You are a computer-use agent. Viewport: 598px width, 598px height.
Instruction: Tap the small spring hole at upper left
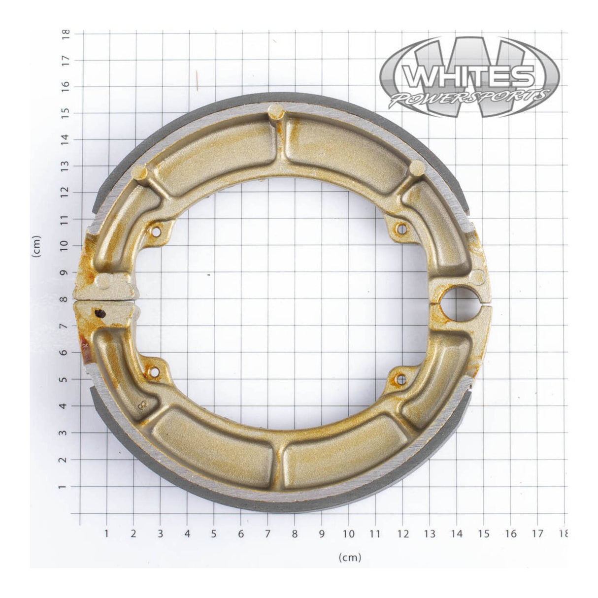[x=157, y=230]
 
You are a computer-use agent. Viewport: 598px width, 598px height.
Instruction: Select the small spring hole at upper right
[x=401, y=229]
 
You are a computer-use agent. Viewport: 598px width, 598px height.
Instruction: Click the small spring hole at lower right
[x=401, y=379]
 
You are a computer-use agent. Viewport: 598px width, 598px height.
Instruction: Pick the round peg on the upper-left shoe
[x=140, y=172]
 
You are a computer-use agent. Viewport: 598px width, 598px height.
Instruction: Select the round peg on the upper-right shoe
[x=417, y=166]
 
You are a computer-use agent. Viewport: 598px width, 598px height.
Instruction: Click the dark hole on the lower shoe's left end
[x=100, y=313]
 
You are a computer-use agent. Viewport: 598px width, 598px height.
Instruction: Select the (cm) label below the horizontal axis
[x=350, y=557]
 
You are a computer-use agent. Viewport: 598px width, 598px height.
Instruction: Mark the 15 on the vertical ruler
[x=66, y=113]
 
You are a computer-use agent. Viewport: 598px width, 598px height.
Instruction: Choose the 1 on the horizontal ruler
[x=106, y=533]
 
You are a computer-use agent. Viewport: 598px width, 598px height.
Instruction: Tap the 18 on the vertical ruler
[x=66, y=33]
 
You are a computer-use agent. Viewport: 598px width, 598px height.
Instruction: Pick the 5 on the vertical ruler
[x=66, y=379]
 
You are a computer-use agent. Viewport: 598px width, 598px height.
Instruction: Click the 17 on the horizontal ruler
[x=537, y=533]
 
